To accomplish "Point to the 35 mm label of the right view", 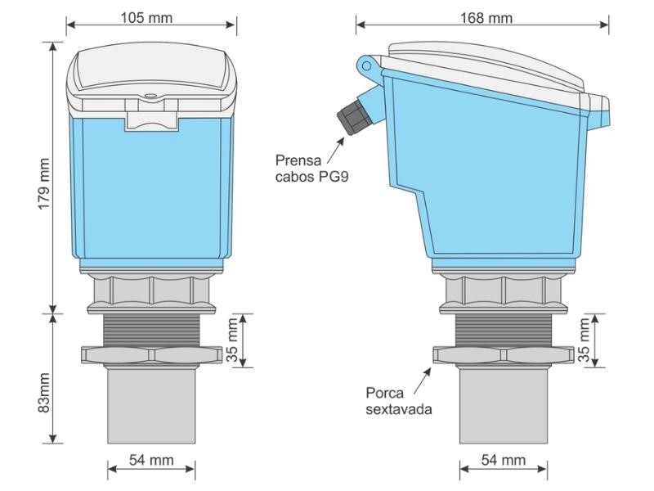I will pos(585,341).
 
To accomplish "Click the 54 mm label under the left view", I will pos(151,460).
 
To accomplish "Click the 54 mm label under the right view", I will pos(503,460).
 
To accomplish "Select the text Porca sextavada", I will pos(398,400).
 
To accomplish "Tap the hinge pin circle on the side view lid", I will pos(367,64).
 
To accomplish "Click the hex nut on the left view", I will pos(151,354).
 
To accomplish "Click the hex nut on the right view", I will pos(503,354).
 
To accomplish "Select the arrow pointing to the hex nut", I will pos(423,376).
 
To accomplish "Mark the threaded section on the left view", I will pos(151,329).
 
